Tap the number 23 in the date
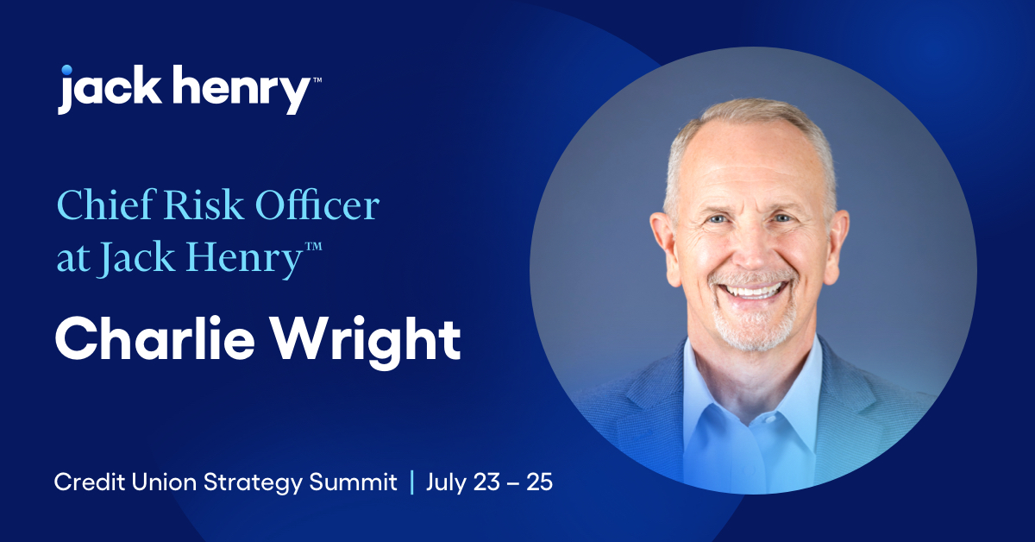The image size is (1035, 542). pos(484,482)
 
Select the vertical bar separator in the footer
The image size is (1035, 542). pos(411,482)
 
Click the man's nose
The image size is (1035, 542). pos(750,250)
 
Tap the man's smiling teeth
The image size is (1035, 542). pos(753,291)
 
